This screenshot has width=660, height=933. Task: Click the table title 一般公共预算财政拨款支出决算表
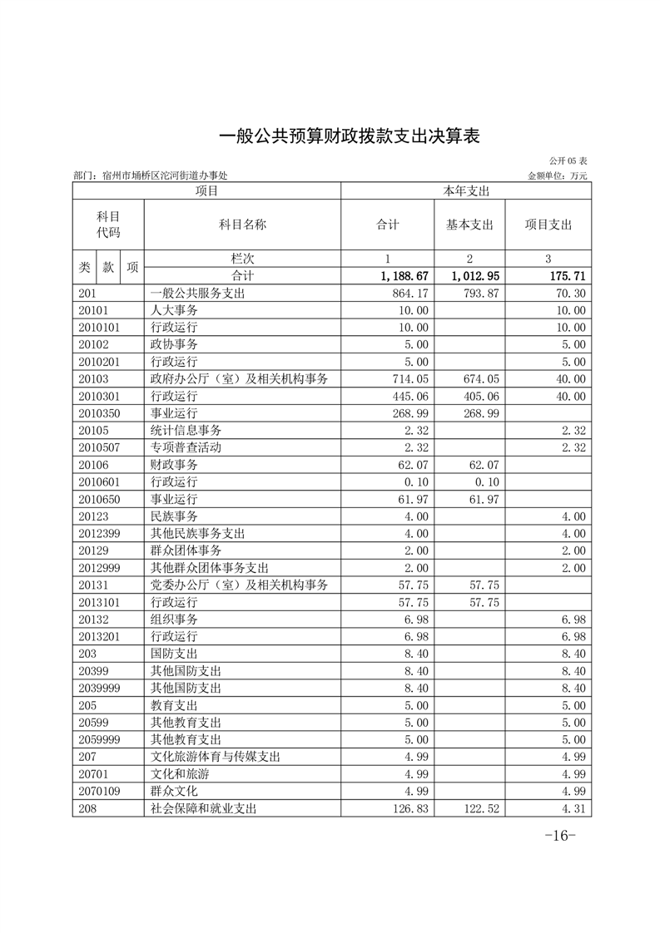[x=349, y=136]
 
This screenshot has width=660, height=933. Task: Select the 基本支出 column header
[x=469, y=225]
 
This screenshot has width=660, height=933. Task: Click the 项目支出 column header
[x=548, y=225]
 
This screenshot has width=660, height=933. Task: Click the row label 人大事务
[x=174, y=310]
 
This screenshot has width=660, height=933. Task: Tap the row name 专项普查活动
[x=186, y=447]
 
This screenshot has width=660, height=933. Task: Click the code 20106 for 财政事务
[x=94, y=465]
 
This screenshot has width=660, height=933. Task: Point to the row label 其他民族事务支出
[x=197, y=533]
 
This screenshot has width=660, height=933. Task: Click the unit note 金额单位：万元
[x=558, y=176]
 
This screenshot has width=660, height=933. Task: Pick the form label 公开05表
[x=568, y=160]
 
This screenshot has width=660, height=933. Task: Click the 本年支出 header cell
[x=466, y=191]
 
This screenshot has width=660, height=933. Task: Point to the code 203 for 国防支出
[x=88, y=654]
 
